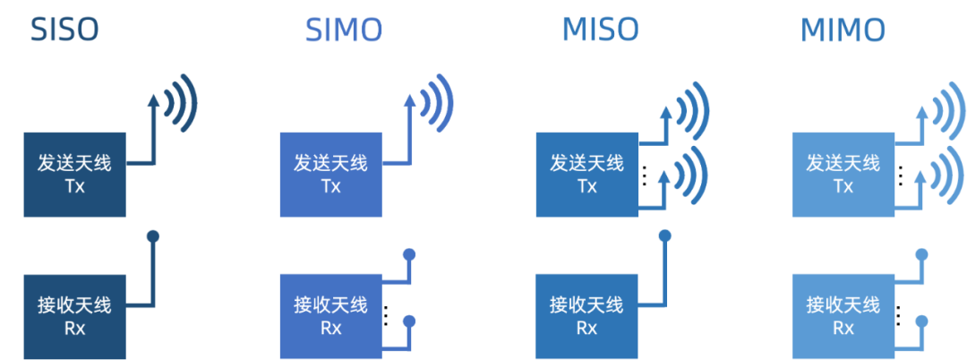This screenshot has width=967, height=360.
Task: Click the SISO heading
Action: click(64, 30)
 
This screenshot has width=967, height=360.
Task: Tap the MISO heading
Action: click(600, 30)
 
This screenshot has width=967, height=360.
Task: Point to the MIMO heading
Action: click(843, 31)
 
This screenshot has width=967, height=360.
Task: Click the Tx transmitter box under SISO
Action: click(74, 175)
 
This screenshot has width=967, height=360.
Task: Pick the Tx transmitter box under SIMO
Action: click(330, 175)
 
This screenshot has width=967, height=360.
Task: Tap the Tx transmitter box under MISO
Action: click(586, 175)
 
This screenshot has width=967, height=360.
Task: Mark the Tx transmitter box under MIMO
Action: click(843, 175)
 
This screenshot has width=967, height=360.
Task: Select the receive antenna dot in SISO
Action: click(153, 237)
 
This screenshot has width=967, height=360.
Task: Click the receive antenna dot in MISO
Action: click(665, 237)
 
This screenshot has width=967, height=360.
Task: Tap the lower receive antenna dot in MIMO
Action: click(921, 320)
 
